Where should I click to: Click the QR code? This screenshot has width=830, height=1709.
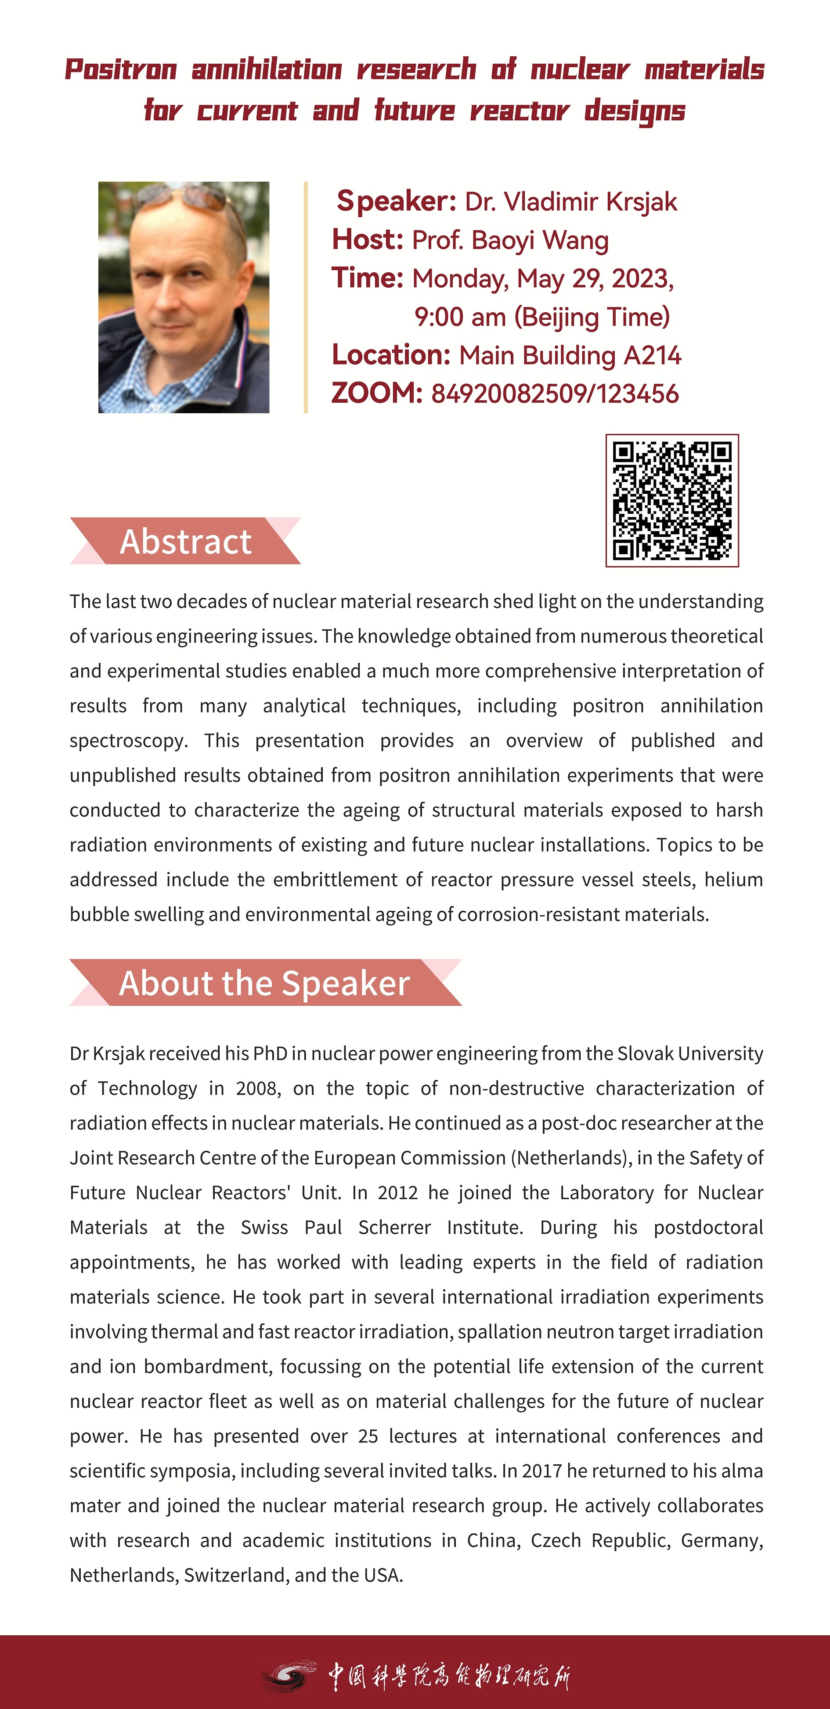click(x=671, y=501)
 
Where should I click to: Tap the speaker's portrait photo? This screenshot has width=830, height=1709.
click(x=184, y=297)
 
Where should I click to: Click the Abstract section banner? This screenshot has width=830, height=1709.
click(x=185, y=541)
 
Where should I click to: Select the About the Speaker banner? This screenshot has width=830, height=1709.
click(x=265, y=983)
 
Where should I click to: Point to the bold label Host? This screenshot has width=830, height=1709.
click(x=368, y=239)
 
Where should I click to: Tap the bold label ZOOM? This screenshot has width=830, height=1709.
click(x=377, y=394)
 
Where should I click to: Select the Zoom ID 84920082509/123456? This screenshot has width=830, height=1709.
click(x=555, y=394)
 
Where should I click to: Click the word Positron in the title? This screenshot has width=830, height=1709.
click(x=121, y=70)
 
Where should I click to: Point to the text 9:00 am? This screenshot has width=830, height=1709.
click(x=460, y=317)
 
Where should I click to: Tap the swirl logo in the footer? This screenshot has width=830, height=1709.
click(x=287, y=1677)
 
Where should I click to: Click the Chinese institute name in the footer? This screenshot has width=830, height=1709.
click(x=449, y=1676)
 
